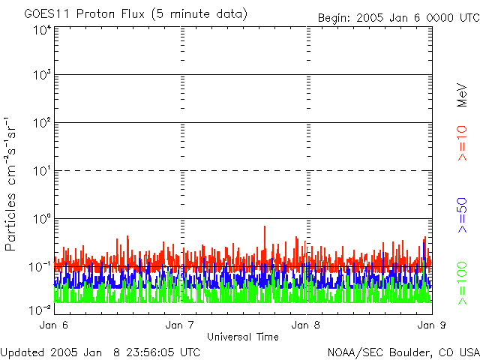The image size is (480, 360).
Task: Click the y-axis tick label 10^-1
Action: pyautogui.click(x=40, y=267)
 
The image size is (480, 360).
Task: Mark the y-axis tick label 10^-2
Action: pyautogui.click(x=40, y=309)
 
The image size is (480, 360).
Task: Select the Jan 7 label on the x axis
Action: pyautogui.click(x=180, y=325)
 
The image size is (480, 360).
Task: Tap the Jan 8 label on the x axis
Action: pyautogui.click(x=306, y=325)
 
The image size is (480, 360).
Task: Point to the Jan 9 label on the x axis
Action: pyautogui.click(x=427, y=325)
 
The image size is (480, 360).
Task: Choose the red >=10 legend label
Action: pyautogui.click(x=463, y=143)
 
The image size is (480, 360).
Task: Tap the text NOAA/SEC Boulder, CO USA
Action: pyautogui.click(x=403, y=352)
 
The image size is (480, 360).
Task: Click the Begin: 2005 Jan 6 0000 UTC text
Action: pyautogui.click(x=397, y=17)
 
